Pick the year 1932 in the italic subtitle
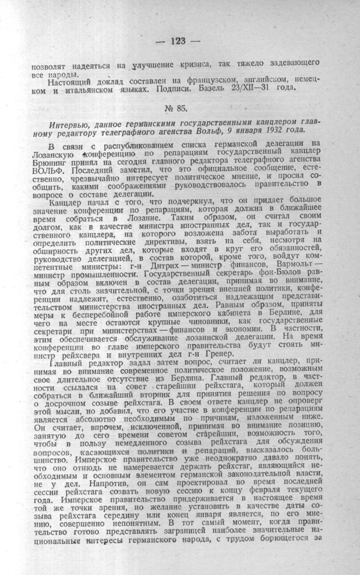269,132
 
